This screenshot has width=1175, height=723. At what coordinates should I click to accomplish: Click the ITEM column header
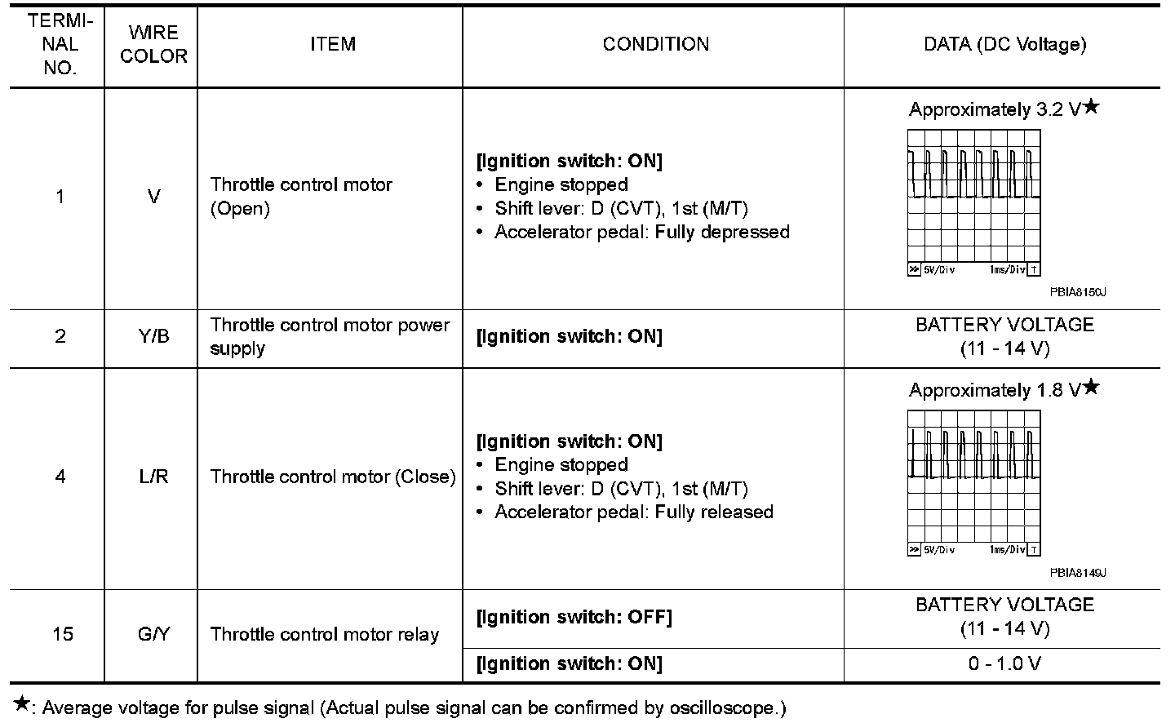coord(332,45)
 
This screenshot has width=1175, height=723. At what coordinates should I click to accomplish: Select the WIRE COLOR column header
coord(153,45)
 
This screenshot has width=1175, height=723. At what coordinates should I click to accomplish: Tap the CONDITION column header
coord(655,45)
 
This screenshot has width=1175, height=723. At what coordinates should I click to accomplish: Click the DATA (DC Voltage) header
coord(1004,45)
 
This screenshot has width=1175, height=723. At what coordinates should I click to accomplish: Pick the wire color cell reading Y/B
coord(153,336)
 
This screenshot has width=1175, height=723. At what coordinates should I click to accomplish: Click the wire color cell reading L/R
coord(153,477)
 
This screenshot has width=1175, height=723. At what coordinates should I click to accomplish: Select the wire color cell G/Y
coord(153,634)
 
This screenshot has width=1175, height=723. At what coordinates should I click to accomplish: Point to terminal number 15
coord(62,634)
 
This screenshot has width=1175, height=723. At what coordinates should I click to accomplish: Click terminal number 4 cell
coord(60,477)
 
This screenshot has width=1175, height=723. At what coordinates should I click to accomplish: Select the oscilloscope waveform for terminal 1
coord(973,202)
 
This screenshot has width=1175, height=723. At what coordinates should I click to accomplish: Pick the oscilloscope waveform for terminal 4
coord(973,482)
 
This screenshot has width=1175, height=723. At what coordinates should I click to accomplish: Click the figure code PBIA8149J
coord(1077,572)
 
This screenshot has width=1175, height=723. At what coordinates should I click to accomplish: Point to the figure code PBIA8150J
coord(1077,292)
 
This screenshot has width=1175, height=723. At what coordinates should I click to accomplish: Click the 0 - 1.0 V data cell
coord(1004,663)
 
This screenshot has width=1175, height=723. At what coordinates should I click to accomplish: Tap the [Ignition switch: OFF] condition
coord(574,617)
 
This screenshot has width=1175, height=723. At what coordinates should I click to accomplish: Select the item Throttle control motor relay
coord(325,634)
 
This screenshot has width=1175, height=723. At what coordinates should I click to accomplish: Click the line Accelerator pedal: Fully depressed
coord(642,233)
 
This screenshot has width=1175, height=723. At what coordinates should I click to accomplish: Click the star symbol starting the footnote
coord(22,704)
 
